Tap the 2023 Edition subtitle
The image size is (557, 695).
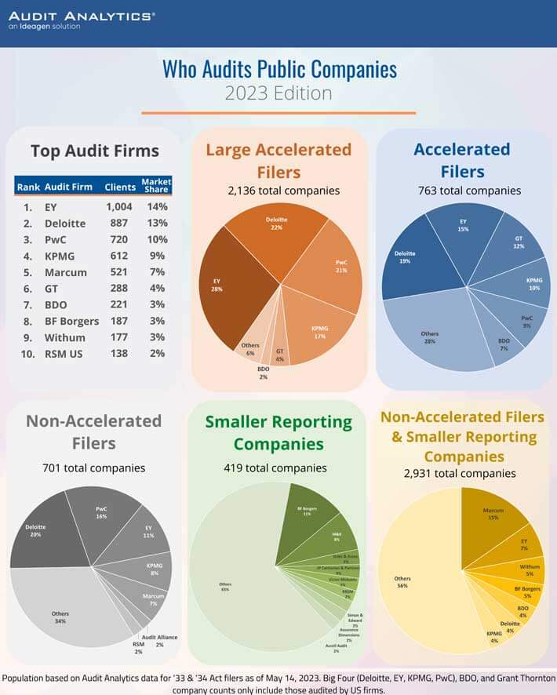278,93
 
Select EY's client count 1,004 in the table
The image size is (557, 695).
120,207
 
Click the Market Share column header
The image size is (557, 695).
156,186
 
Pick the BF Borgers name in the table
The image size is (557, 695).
72,321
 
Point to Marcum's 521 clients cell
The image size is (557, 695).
120,271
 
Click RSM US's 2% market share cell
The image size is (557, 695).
156,353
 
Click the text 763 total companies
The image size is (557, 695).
469,190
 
